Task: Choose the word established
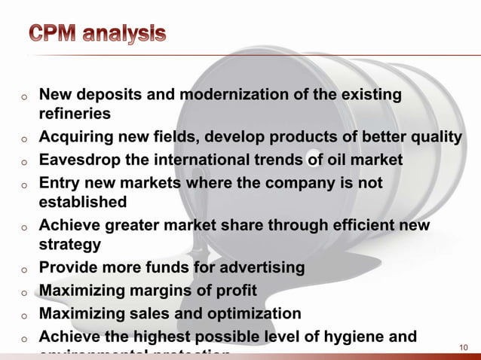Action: pos(83,202)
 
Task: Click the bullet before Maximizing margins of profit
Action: pos(24,291)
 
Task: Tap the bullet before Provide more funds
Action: pos(24,269)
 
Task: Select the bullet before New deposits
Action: pos(24,96)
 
